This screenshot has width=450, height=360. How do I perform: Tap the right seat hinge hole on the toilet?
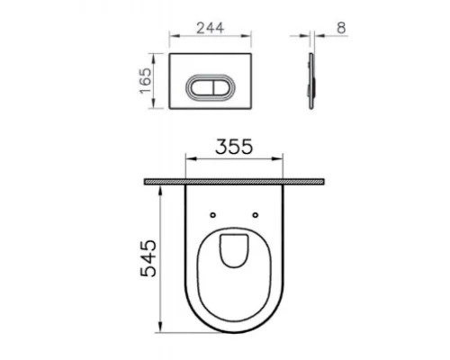(x=256, y=215)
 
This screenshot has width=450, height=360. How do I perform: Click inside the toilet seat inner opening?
(x=235, y=251)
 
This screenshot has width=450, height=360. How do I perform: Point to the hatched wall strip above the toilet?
(x=234, y=182)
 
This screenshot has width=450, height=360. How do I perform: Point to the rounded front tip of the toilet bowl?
(x=235, y=331)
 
